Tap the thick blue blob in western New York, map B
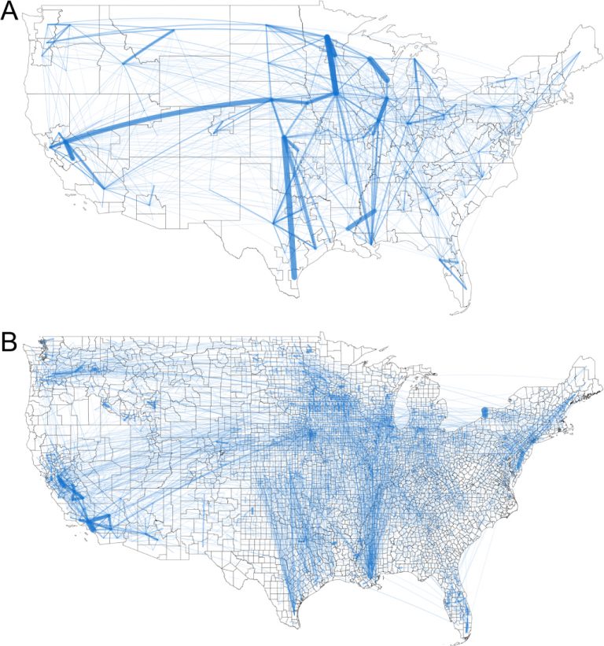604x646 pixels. pyautogui.click(x=484, y=413)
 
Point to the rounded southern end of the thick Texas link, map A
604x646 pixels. pyautogui.click(x=294, y=275)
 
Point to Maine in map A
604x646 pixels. pyautogui.click(x=578, y=47)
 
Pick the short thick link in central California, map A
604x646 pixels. pyautogui.click(x=68, y=150)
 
